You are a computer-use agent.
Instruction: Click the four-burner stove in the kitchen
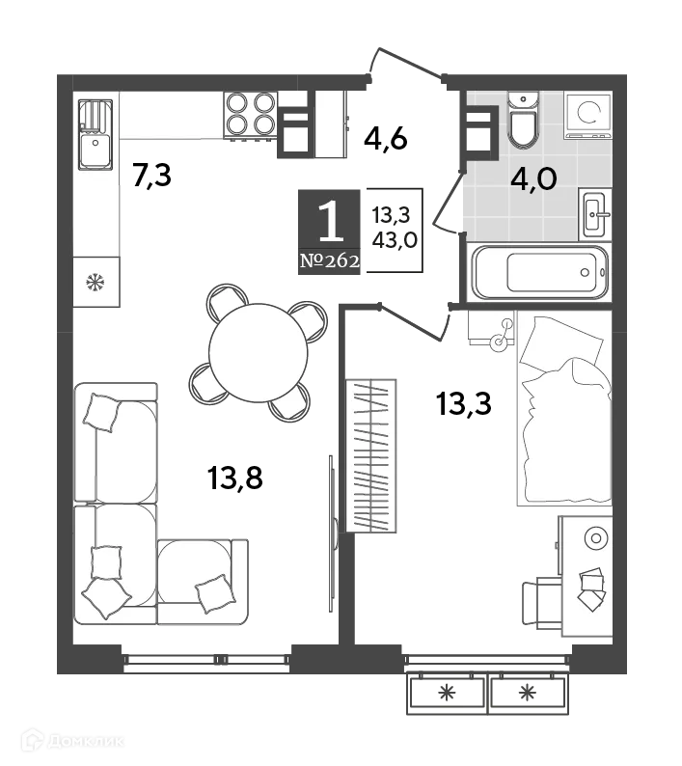251,115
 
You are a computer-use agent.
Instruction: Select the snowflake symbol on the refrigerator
95,283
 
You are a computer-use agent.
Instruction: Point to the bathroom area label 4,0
533,179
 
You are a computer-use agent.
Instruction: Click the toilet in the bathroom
522,123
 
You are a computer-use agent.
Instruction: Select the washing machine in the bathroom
587,115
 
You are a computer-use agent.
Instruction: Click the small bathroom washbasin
593,211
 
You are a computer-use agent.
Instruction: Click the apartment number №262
329,260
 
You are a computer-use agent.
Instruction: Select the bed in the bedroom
564,410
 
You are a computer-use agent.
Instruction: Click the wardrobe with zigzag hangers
371,454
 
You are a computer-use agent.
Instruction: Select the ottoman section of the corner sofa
203,580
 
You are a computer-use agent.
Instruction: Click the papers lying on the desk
590,588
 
